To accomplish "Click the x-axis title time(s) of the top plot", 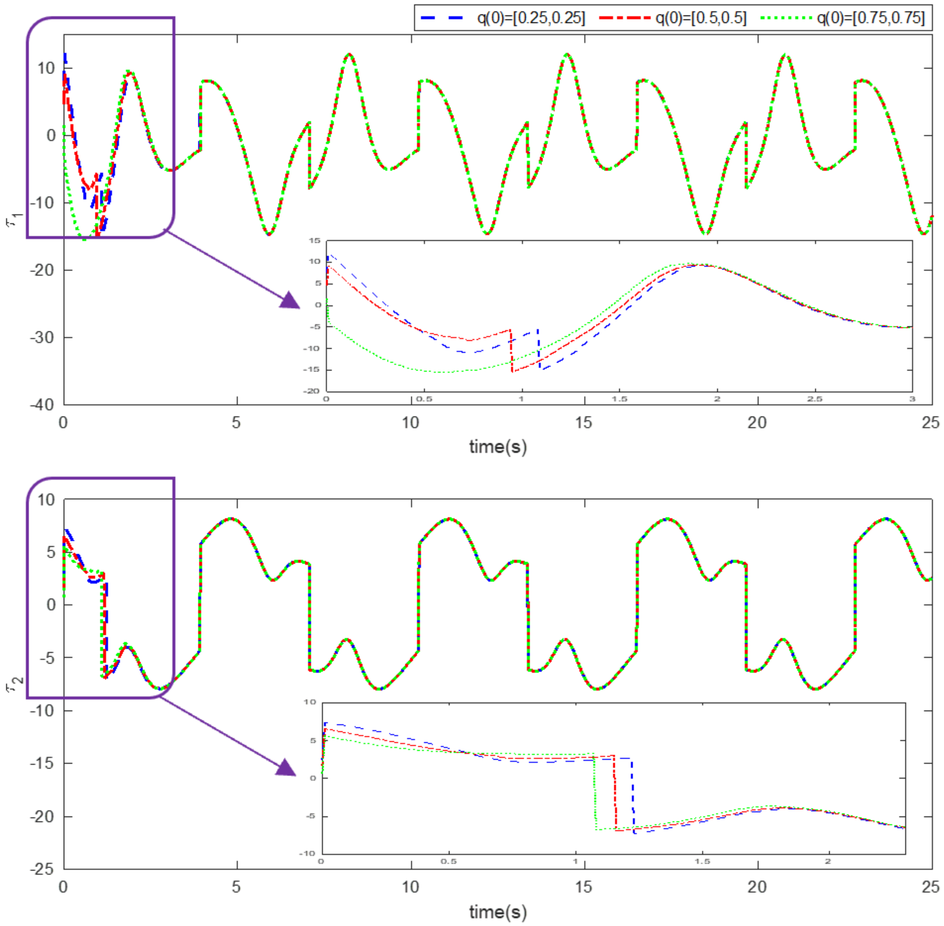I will [x=497, y=447].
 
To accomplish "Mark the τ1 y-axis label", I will [x=15, y=220].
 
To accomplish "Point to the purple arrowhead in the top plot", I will [x=290, y=300].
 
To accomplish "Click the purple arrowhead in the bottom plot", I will [x=287, y=768].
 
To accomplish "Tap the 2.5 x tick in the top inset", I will [x=815, y=399].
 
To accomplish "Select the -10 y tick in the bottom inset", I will [x=309, y=853].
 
